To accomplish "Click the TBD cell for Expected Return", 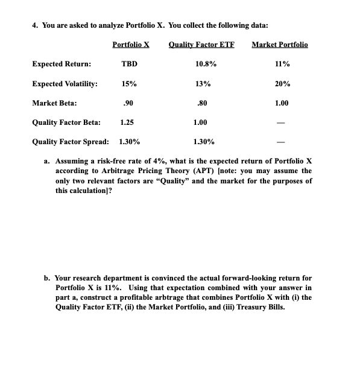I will pos(129,63).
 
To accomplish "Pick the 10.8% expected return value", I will pos(207,63).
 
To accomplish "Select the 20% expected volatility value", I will pos(282,84).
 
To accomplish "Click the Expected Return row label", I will pos(62,63).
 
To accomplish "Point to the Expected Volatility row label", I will pos(65,84).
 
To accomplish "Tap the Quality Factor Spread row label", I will pos(71,142).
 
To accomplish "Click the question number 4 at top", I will pos(34,25).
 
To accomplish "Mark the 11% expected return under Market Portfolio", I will pos(282,63).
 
